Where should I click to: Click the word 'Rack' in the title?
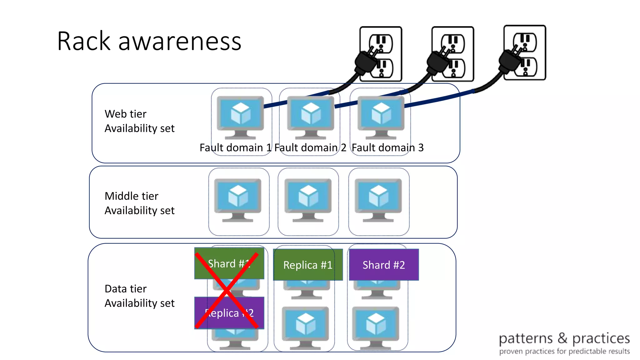pyautogui.click(x=84, y=41)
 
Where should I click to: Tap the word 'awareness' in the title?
pyautogui.click(x=180, y=42)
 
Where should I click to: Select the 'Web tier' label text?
pyautogui.click(x=125, y=114)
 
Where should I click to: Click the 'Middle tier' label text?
pyautogui.click(x=131, y=196)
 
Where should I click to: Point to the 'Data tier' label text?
pyautogui.click(x=125, y=289)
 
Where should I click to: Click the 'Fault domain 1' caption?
pyautogui.click(x=235, y=147)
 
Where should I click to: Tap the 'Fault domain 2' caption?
pyautogui.click(x=310, y=147)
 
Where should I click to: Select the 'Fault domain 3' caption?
pyautogui.click(x=387, y=147)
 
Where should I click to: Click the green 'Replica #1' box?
pyautogui.click(x=308, y=265)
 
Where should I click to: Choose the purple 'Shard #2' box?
pyautogui.click(x=384, y=265)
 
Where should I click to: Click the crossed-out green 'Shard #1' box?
pyautogui.click(x=229, y=263)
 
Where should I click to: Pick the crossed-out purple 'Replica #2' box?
pyautogui.click(x=229, y=313)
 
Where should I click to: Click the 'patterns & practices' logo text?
pyautogui.click(x=564, y=338)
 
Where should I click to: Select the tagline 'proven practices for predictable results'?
pyautogui.click(x=564, y=352)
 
